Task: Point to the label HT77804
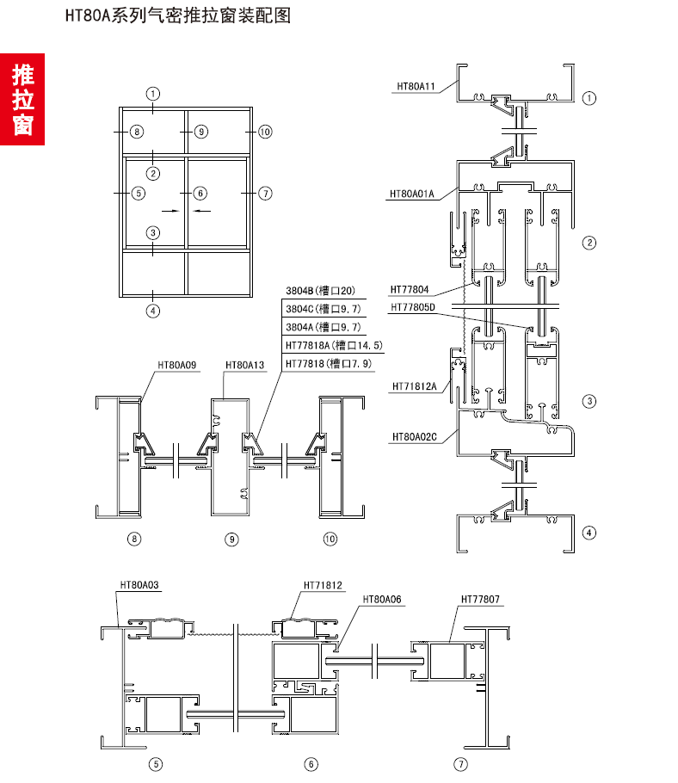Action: (x=410, y=290)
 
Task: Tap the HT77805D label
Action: (x=413, y=307)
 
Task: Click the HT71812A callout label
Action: (x=415, y=387)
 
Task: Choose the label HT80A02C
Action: (x=414, y=437)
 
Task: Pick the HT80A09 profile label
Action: (x=176, y=365)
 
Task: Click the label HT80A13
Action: (x=244, y=365)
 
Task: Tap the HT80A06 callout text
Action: (x=383, y=599)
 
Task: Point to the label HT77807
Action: (x=480, y=599)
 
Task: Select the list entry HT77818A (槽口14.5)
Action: (x=333, y=345)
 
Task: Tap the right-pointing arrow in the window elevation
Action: (x=169, y=209)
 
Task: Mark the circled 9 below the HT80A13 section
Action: (x=231, y=539)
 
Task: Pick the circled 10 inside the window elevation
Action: (x=264, y=132)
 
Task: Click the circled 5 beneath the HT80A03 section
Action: (x=155, y=763)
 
